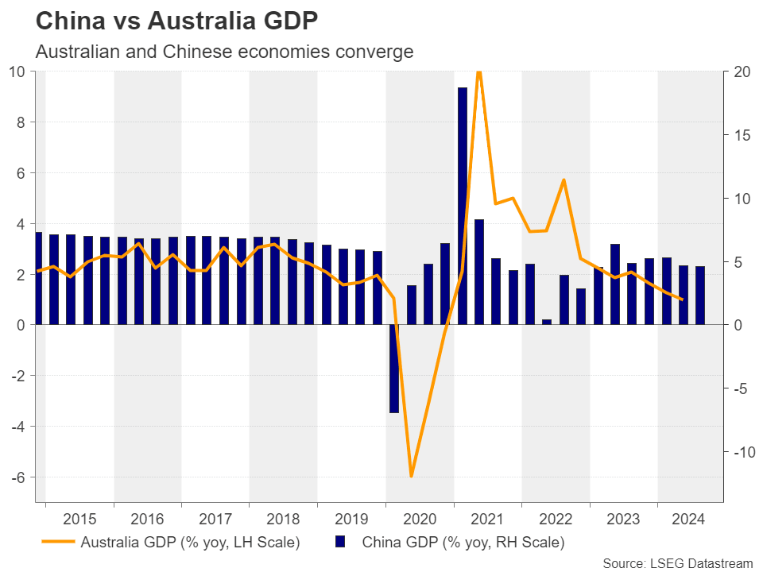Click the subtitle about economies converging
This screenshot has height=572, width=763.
point(224,52)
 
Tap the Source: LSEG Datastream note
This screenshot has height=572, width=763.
point(677,563)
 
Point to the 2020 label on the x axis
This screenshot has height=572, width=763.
point(419,520)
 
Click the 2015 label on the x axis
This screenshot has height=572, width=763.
point(79,520)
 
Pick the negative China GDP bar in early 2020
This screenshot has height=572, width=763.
point(394,369)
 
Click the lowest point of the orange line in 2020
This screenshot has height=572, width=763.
point(411,476)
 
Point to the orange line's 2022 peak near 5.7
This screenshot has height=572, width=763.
point(564,180)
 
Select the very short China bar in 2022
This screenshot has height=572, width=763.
point(547,322)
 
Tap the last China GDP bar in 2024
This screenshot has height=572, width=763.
point(699,295)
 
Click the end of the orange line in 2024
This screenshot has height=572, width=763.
point(682,300)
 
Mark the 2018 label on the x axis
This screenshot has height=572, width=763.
point(283,520)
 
